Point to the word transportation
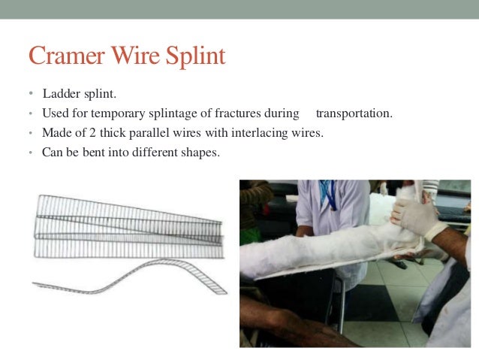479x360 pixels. tap(354, 113)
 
